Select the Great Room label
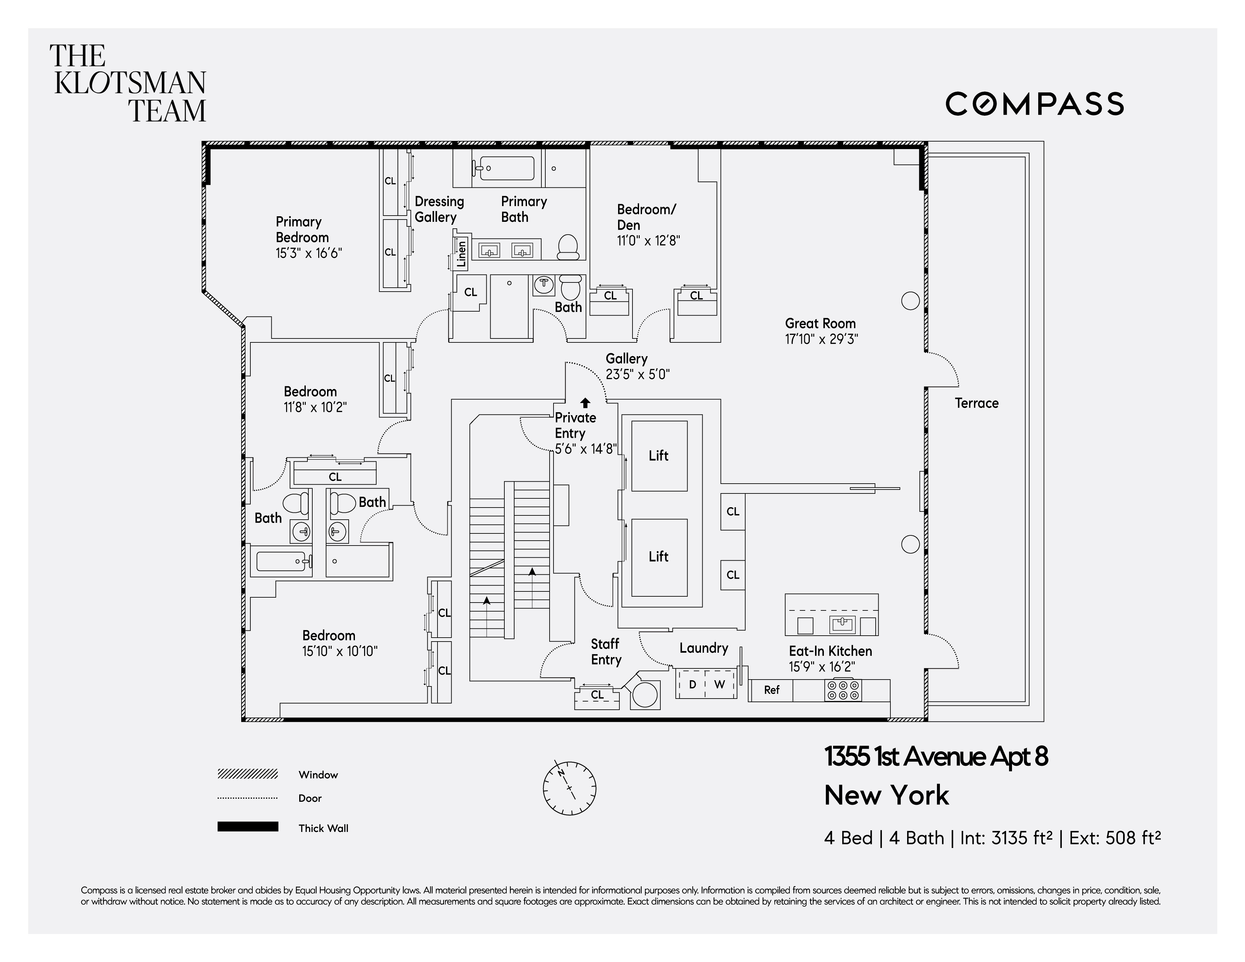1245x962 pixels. (x=820, y=323)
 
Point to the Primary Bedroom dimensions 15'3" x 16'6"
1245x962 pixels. (x=308, y=253)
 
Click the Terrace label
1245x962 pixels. (x=977, y=403)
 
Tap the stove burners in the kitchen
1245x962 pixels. (x=843, y=690)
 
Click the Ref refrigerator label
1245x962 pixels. (x=771, y=690)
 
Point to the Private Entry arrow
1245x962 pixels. (x=585, y=403)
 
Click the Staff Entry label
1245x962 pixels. (x=605, y=651)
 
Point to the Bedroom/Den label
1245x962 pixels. (x=647, y=217)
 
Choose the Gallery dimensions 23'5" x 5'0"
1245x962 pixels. (x=637, y=375)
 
